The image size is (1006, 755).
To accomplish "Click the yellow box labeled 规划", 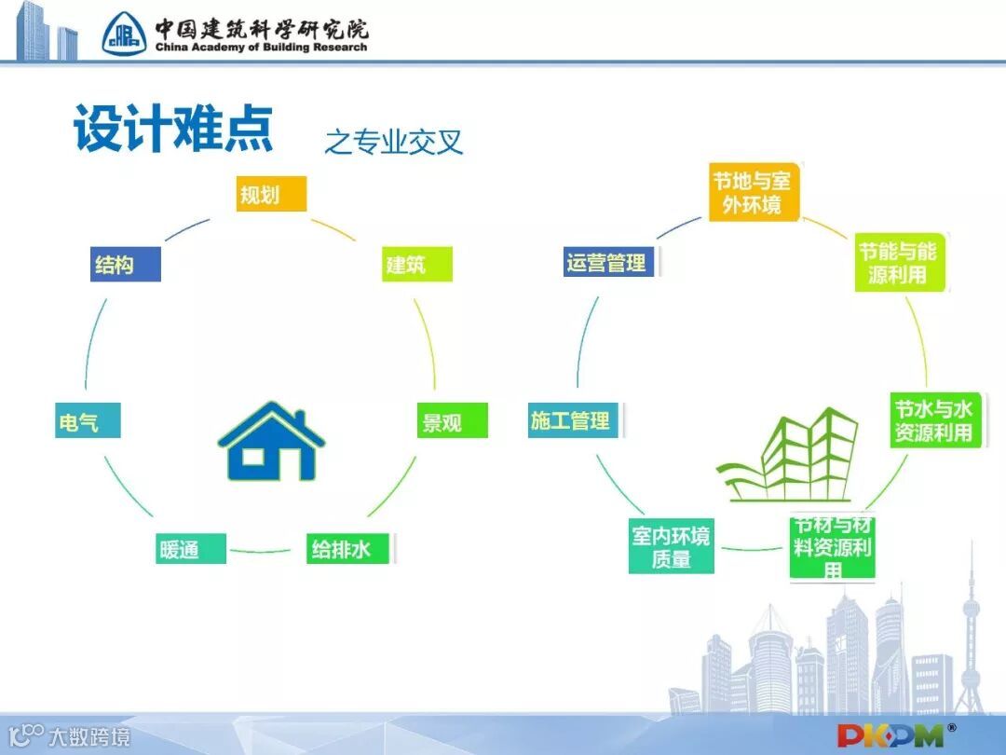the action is (270, 195).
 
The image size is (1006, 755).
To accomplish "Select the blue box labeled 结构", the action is (126, 265).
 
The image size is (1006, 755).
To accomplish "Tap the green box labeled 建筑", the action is (416, 265).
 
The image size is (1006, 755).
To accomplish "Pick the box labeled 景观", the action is (452, 422).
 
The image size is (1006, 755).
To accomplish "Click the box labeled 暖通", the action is (190, 548).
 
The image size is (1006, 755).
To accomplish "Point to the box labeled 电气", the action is (88, 422).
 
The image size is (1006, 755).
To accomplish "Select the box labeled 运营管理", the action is (609, 263).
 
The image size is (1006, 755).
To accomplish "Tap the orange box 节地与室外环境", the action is (754, 192).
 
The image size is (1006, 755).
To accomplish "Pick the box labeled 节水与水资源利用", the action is (934, 421).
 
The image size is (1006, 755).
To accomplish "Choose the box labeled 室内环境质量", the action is (672, 548).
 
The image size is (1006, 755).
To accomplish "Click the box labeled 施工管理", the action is (573, 421).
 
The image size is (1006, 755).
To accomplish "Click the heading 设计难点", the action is (173, 130).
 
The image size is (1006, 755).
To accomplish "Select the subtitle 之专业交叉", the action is (393, 141).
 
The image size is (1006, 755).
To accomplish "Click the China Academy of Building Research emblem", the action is (125, 34).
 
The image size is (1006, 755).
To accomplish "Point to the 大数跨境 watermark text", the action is (89, 736).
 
